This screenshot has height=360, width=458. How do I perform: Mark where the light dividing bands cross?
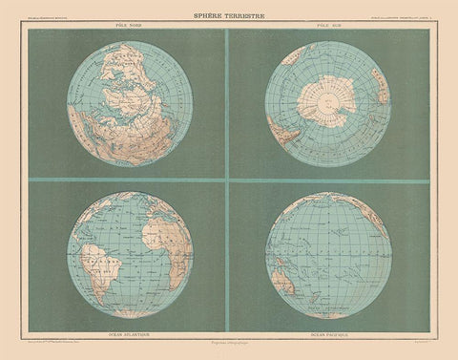225,180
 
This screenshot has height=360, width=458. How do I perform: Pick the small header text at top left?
52,22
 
